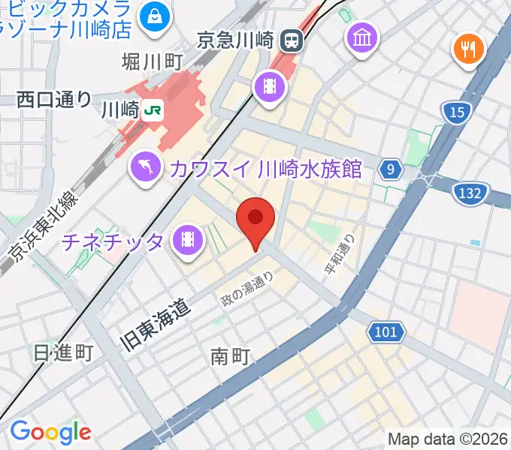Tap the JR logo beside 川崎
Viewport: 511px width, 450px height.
click(x=152, y=110)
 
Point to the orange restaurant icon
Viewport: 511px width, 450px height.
click(x=468, y=49)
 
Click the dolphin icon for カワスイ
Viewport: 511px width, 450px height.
click(x=147, y=166)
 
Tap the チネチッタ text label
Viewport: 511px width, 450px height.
click(x=113, y=241)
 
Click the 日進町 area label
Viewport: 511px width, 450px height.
click(x=63, y=352)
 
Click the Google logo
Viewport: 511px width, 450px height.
click(x=50, y=432)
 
